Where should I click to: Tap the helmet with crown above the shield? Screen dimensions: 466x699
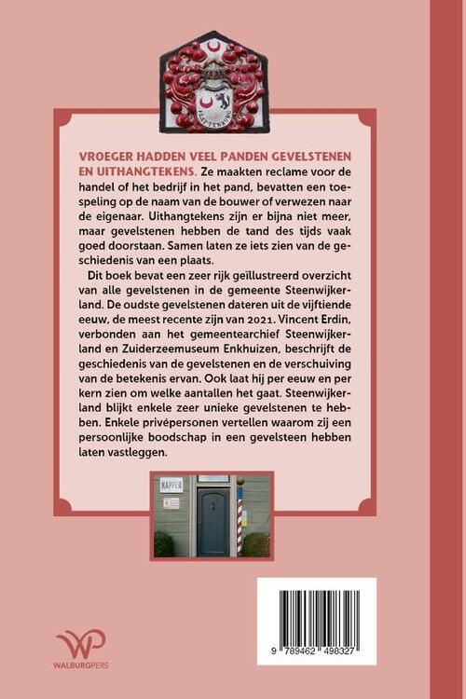click(213, 69)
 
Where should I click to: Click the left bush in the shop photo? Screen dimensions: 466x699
click(164, 542)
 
